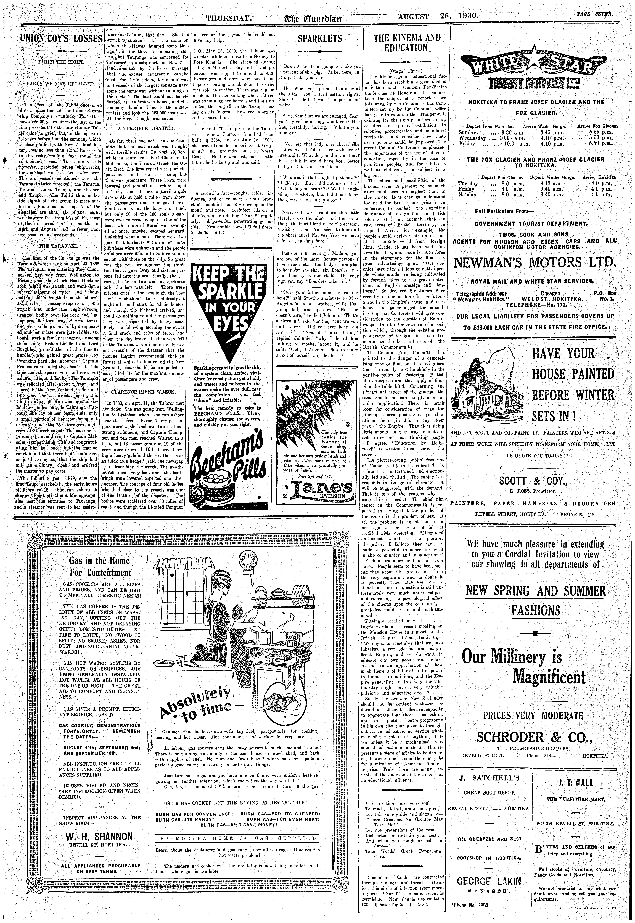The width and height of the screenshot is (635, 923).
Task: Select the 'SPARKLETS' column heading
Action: (x=319, y=39)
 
